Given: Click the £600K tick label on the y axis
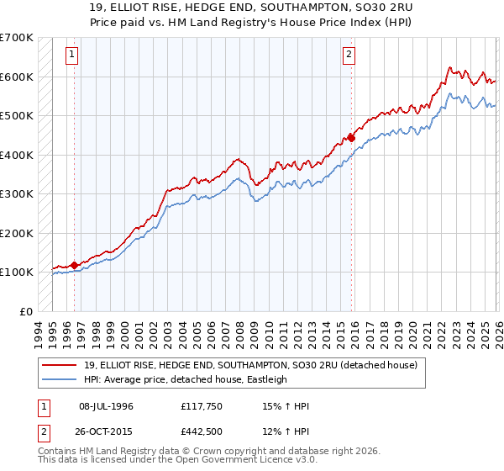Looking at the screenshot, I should tap(17, 77).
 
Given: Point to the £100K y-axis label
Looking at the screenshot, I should tap(17, 272).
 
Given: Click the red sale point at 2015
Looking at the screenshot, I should tap(352, 138).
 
